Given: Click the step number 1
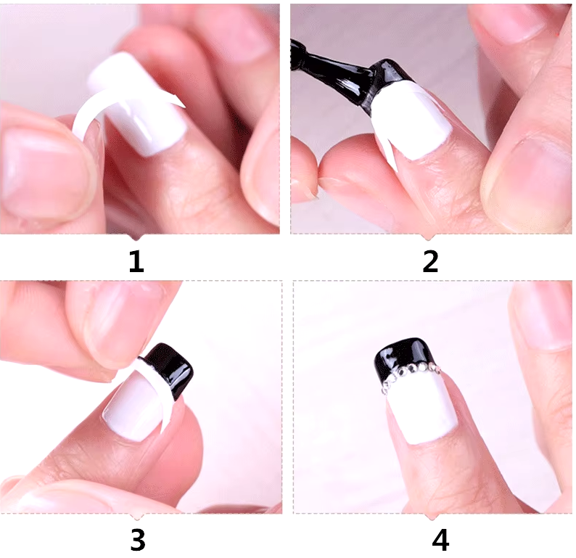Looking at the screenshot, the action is click(136, 261).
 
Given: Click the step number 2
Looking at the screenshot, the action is click(430, 261).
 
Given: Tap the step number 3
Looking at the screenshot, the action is click(137, 540).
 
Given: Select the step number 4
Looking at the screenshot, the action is click(440, 540).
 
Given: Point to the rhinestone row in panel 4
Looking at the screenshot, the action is click(411, 374).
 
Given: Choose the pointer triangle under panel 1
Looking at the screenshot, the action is click(136, 237).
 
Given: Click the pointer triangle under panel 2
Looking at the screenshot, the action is click(428, 237).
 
